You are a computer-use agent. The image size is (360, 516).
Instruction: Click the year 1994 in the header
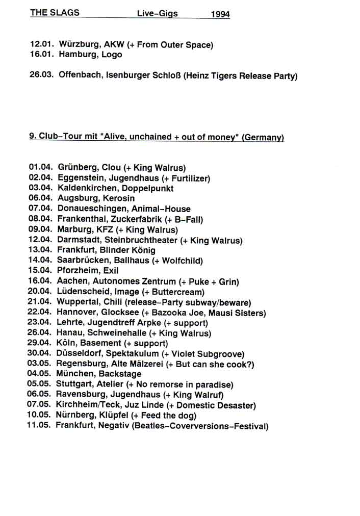220,14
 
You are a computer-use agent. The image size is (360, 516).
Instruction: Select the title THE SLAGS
55,13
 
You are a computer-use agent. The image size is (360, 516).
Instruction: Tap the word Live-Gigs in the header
157,14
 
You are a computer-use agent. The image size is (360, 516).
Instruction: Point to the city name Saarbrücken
81,261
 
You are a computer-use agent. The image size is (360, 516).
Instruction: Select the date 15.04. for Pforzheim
40,271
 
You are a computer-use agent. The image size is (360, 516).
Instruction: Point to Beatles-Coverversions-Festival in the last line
199,426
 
